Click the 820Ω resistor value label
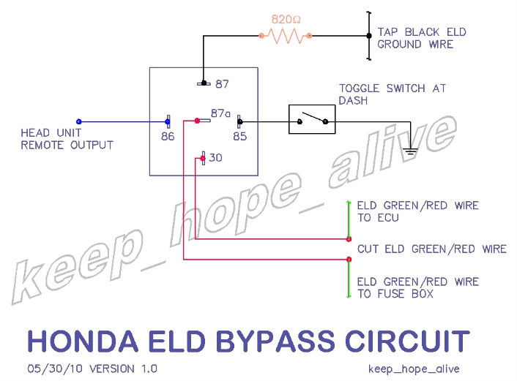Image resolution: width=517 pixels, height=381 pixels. [286, 18]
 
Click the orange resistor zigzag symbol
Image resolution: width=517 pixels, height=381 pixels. [286, 35]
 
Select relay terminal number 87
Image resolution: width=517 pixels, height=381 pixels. [222, 84]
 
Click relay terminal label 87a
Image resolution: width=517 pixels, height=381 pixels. [220, 113]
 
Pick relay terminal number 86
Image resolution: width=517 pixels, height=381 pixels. [167, 135]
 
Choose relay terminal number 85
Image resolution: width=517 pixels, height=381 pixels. [239, 135]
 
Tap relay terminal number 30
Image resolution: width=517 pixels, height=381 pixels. [215, 157]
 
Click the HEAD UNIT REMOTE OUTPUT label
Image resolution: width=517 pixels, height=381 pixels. [67, 139]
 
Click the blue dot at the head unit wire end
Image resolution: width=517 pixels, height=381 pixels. [79, 121]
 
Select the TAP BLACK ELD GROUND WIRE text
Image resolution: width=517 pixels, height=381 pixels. [421, 38]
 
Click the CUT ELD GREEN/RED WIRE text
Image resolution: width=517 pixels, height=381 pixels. [431, 249]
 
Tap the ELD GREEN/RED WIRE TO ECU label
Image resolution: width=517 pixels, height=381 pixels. [417, 211]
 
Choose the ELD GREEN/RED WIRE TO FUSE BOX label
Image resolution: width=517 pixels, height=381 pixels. [417, 287]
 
